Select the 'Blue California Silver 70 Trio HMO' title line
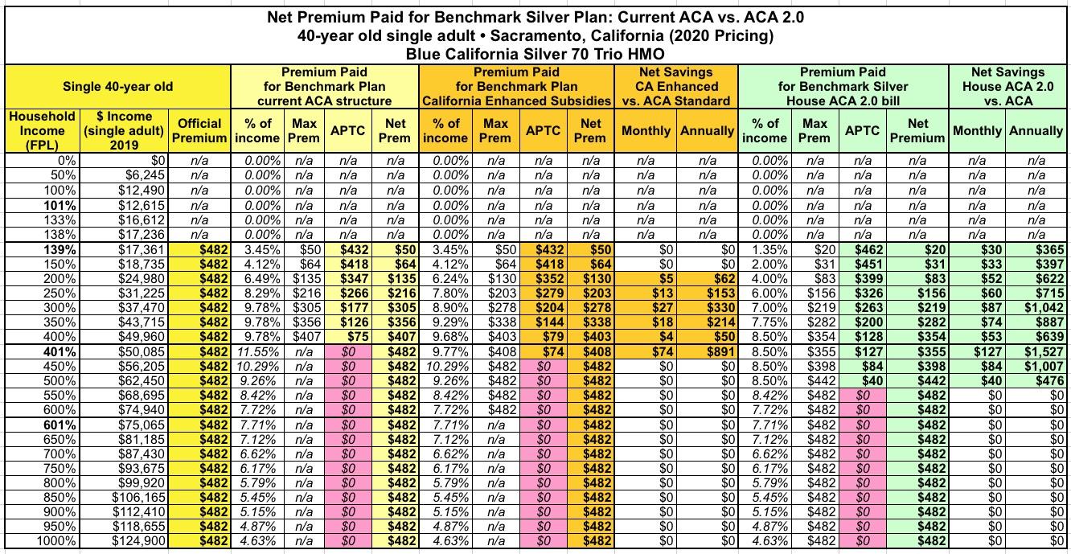(535, 54)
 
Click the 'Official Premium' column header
(199, 131)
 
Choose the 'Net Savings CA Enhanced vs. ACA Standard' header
(677, 86)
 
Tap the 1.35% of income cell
(769, 250)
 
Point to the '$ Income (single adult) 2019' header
(125, 131)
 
